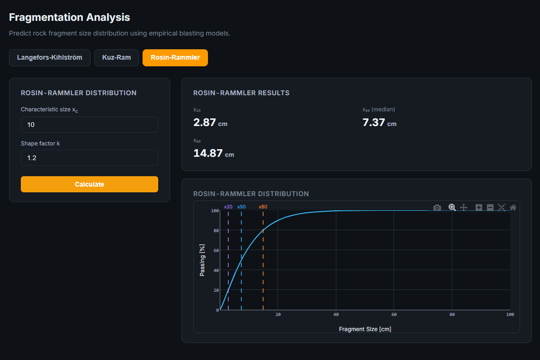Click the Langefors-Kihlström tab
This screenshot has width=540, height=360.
pyautogui.click(x=50, y=57)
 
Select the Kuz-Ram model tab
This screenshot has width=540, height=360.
pyautogui.click(x=117, y=57)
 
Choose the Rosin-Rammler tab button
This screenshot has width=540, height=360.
pyautogui.click(x=175, y=57)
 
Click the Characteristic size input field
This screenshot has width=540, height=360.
pyautogui.click(x=90, y=125)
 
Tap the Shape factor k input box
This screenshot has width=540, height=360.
pyautogui.click(x=90, y=158)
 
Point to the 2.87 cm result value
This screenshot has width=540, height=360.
pyautogui.click(x=210, y=123)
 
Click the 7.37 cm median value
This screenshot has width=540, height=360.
pyautogui.click(x=379, y=123)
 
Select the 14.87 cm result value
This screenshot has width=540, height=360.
pyautogui.click(x=214, y=153)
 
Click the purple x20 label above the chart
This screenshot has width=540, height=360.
pyautogui.click(x=228, y=207)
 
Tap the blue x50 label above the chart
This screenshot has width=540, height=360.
pyautogui.click(x=242, y=207)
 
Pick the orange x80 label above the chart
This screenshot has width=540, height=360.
pyautogui.click(x=263, y=207)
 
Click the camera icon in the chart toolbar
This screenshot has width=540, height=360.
pyautogui.click(x=437, y=207)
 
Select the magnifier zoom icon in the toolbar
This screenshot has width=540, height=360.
pyautogui.click(x=452, y=207)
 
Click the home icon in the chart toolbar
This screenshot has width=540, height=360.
pyautogui.click(x=513, y=207)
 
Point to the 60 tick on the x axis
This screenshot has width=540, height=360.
pyautogui.click(x=394, y=315)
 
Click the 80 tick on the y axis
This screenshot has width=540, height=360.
pyautogui.click(x=216, y=231)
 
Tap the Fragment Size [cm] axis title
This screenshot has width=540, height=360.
pyautogui.click(x=365, y=329)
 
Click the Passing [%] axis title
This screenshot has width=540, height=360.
pyautogui.click(x=202, y=260)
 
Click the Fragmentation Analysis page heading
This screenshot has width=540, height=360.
pyautogui.click(x=70, y=17)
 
